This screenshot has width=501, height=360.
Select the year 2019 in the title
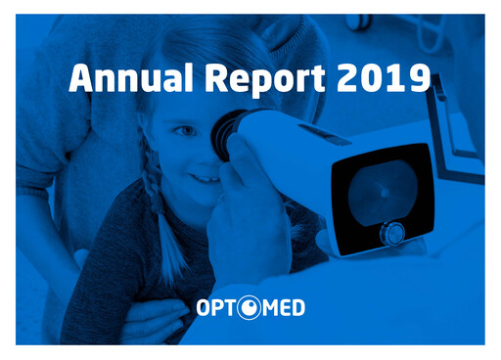[382, 75]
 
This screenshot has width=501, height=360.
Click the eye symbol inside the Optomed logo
[250, 309]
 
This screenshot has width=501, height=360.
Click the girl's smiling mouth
[205, 178]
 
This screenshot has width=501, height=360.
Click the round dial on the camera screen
[392, 233]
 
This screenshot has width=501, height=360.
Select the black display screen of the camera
[380, 191]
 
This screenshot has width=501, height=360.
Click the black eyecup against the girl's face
[226, 134]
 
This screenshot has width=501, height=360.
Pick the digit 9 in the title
[418, 75]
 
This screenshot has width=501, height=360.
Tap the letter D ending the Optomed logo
[296, 309]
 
